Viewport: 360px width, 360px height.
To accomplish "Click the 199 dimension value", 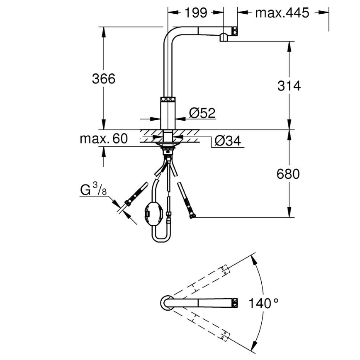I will click(x=195, y=13).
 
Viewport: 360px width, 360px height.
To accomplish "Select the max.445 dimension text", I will click(x=282, y=13).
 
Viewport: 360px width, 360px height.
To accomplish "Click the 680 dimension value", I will click(x=288, y=174).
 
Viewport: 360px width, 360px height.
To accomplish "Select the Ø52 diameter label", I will click(x=202, y=112).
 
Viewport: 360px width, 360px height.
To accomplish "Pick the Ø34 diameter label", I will click(x=227, y=141).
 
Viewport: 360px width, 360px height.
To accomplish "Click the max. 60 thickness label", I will click(x=104, y=139).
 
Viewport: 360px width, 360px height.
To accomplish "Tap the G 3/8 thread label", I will click(x=93, y=191).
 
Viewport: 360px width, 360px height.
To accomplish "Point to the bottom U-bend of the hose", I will click(x=160, y=238).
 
